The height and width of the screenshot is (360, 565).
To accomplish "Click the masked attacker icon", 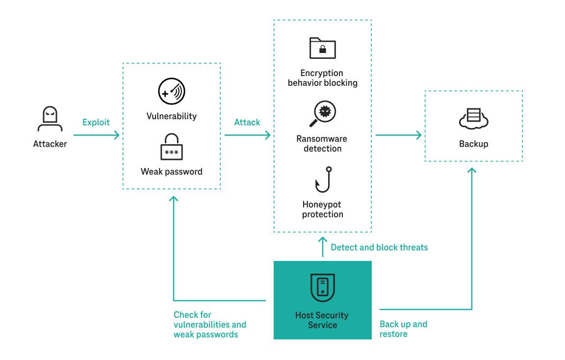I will pyautogui.click(x=50, y=120).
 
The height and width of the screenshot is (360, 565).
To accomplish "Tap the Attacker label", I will pyautogui.click(x=50, y=144).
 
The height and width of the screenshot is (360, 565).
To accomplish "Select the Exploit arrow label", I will pyautogui.click(x=96, y=122).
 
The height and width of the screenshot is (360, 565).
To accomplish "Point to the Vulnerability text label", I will pyautogui.click(x=171, y=116).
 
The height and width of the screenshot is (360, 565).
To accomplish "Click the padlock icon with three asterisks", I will pyautogui.click(x=171, y=147).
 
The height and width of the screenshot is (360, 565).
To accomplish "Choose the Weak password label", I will pyautogui.click(x=171, y=172).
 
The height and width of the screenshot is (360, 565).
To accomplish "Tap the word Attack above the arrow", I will pyautogui.click(x=247, y=122).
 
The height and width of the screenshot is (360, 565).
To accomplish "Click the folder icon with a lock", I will pyautogui.click(x=322, y=48).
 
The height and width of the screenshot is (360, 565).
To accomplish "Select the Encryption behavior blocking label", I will pyautogui.click(x=322, y=78).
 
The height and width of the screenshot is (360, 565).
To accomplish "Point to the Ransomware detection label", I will pyautogui.click(x=322, y=144).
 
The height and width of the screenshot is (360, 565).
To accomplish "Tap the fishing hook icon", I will pyautogui.click(x=323, y=180).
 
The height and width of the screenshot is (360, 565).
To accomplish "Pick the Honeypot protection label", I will pyautogui.click(x=322, y=209).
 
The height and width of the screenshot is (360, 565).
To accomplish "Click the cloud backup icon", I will pyautogui.click(x=473, y=119).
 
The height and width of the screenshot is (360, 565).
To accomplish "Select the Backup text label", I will pyautogui.click(x=473, y=144).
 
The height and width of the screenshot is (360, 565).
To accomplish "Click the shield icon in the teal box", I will pyautogui.click(x=322, y=287).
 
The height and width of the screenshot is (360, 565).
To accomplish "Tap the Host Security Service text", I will pyautogui.click(x=322, y=320).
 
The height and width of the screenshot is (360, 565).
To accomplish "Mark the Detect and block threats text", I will pyautogui.click(x=379, y=247).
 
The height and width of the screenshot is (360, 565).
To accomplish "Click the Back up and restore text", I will pyautogui.click(x=403, y=329).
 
